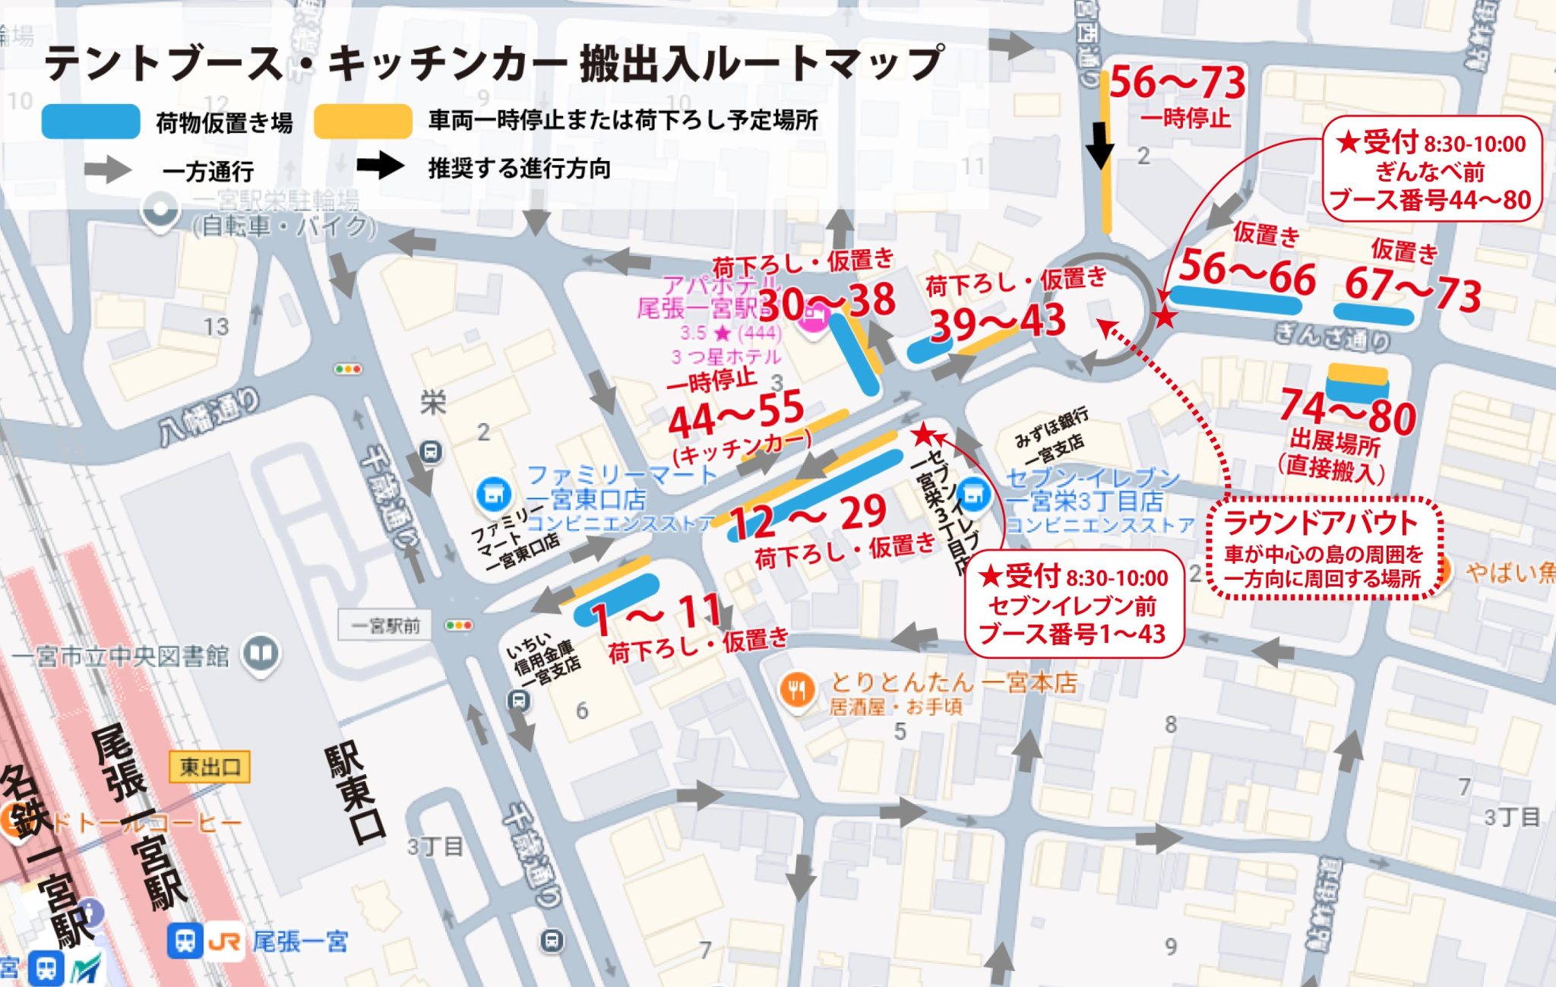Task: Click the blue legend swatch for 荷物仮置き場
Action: point(90,122)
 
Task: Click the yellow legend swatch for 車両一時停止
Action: point(363,122)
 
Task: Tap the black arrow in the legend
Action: point(380,166)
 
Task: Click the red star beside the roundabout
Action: point(1164,316)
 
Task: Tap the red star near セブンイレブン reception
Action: point(923,434)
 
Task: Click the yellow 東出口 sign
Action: point(210,767)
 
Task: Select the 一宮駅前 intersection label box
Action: point(385,625)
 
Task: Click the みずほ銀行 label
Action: point(1051,428)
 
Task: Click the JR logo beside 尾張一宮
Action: point(224,943)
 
